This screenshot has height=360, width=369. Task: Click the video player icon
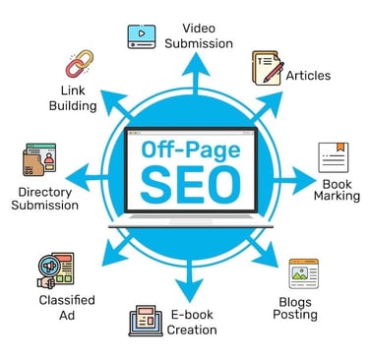pos(142,34)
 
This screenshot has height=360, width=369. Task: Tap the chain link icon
pos(78,64)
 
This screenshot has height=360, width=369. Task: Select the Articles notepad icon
pos(269,67)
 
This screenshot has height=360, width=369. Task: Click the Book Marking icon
pos(334,157)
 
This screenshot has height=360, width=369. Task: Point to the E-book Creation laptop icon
pos(146,321)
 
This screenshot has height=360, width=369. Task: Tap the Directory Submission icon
pos(37,161)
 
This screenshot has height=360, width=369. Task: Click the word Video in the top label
pos(200,26)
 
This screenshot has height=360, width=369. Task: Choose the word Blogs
pos(296,300)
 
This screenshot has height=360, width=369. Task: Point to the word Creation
pos(192,330)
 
